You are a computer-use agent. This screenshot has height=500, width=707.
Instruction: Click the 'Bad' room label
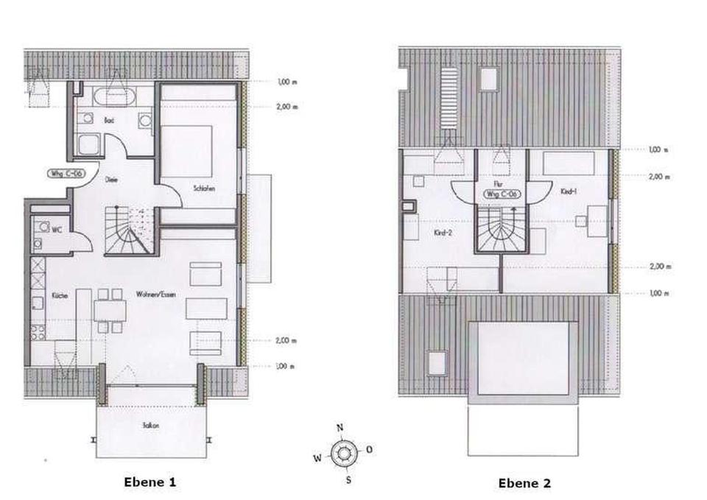[x=109, y=119]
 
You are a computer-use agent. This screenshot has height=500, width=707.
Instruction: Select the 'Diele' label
[x=112, y=179]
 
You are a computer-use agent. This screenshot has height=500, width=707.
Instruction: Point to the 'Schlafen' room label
[x=205, y=189]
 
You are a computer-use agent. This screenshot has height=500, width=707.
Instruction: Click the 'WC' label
[x=56, y=229]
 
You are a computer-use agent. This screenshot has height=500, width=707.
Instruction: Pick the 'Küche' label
[x=60, y=295]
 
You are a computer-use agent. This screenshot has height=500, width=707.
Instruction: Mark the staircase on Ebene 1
[x=129, y=231]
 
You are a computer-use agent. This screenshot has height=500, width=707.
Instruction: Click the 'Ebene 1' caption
[x=150, y=482]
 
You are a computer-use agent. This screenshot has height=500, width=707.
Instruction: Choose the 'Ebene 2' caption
[x=524, y=483]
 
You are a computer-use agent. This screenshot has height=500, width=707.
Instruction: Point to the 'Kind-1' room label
[x=568, y=191]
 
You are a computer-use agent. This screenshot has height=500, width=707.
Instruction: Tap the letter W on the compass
[x=317, y=457]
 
